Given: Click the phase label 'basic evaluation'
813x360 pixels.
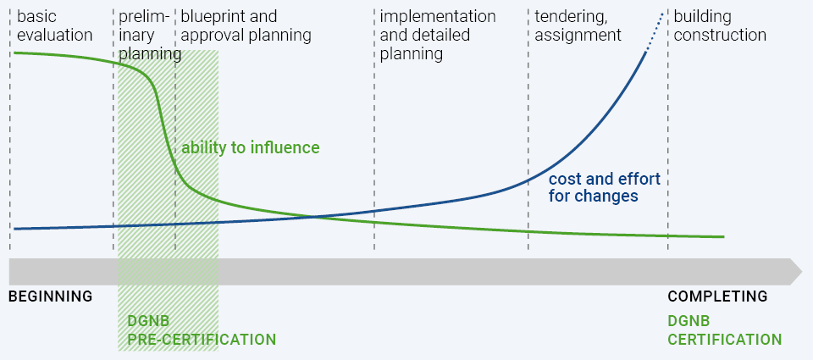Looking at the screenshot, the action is tap(55, 26).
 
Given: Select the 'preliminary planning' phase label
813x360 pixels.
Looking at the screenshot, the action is tap(150, 36).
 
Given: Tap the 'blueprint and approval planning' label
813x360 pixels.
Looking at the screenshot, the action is tap(246, 26).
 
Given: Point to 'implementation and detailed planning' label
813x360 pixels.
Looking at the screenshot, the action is tap(438, 36).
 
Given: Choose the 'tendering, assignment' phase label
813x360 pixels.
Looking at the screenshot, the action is tap(578, 26).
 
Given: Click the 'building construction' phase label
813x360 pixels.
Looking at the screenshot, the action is tap(720, 26).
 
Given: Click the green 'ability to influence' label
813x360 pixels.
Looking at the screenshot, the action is tap(251, 148).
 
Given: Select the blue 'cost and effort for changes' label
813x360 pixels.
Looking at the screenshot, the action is tap(605, 187).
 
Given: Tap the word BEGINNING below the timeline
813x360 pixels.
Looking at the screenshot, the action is tap(50, 296).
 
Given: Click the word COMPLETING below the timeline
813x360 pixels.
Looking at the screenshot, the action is tap(717, 296).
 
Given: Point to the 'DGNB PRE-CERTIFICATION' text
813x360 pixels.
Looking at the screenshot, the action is tap(202, 330).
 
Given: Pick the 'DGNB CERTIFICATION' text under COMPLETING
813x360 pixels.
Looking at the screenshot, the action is tap(724, 330).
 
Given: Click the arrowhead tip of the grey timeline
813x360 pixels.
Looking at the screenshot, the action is tap(802, 271).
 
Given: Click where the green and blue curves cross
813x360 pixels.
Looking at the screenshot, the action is tap(315, 217).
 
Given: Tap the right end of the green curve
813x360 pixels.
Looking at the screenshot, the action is tap(723, 237).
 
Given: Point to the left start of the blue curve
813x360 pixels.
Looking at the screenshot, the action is tap(14, 229).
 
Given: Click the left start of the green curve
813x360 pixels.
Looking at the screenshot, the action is tap(14, 53).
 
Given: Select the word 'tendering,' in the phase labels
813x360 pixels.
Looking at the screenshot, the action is tap(571, 17).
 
